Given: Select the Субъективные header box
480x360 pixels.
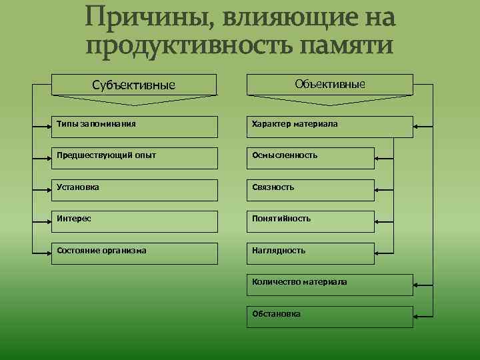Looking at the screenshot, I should pos(134,85).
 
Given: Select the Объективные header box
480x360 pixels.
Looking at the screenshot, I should pos(330,84).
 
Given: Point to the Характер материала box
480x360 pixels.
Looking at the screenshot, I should pos(330,126).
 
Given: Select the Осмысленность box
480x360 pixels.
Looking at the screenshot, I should pos(311,157).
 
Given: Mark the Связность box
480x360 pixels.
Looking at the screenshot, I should pos(311,189).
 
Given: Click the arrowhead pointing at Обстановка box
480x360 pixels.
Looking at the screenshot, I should pos(417,315).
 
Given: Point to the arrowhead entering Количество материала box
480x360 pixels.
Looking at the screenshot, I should pos(417,283).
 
